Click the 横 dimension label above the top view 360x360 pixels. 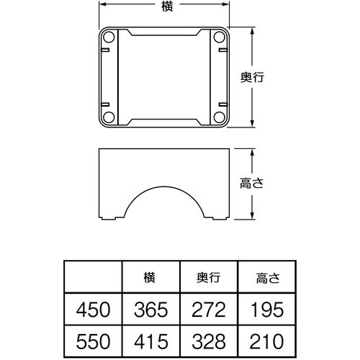click(x=168, y=6)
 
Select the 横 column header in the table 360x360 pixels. click(x=150, y=277)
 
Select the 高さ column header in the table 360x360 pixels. click(x=266, y=277)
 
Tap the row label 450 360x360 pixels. click(x=93, y=310)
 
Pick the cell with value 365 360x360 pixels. click(x=150, y=310)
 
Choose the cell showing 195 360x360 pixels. click(x=266, y=310)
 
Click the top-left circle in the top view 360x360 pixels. click(x=109, y=37)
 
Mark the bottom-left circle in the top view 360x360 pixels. click(x=109, y=117)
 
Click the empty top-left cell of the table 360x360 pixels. click(x=93, y=277)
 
